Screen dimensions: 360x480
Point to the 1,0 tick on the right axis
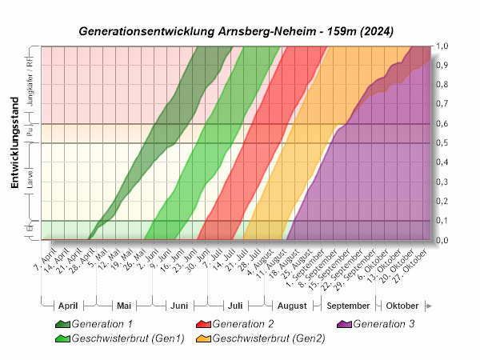coord(441,46)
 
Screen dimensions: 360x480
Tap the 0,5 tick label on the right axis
coord(441,143)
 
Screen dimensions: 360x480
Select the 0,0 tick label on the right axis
coord(441,240)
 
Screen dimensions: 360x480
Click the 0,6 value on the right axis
coord(441,124)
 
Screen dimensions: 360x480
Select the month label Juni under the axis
coord(179,306)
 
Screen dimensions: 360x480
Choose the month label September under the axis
coord(348,306)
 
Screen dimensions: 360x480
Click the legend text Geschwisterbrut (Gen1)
coord(128,338)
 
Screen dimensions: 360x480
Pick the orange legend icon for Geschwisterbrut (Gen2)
coord(203,338)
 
